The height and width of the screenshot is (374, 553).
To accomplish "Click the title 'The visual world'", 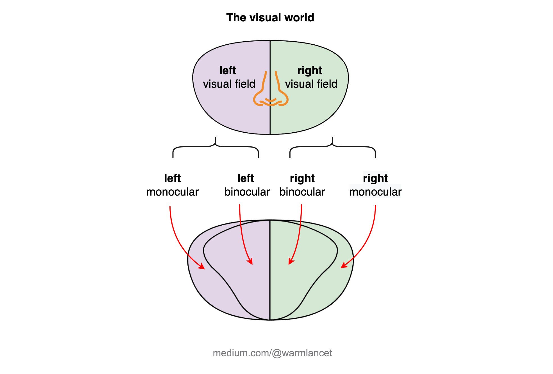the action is coord(270,17).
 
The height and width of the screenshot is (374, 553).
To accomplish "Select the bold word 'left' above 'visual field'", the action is coord(228,70).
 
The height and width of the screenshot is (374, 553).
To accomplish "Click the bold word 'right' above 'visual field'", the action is coord(310,70).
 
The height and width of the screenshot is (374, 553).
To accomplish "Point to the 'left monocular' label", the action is coord(172,185).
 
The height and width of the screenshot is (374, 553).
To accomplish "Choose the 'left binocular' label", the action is coord(247,185).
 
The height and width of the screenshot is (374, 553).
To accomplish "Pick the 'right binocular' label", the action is coord(302,185).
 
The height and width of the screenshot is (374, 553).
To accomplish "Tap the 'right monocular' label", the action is coord(375,185).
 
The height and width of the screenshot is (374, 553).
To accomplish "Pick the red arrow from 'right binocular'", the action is coord(299,236).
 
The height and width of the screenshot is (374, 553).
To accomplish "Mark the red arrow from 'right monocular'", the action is coord(368,239).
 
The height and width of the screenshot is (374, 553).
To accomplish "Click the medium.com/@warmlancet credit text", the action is coord(272,353).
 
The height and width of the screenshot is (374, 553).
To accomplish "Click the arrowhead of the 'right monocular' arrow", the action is coord(343,266).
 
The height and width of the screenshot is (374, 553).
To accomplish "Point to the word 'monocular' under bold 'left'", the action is coord(172,192).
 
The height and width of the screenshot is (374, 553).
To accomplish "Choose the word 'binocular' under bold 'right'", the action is coord(302,192).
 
